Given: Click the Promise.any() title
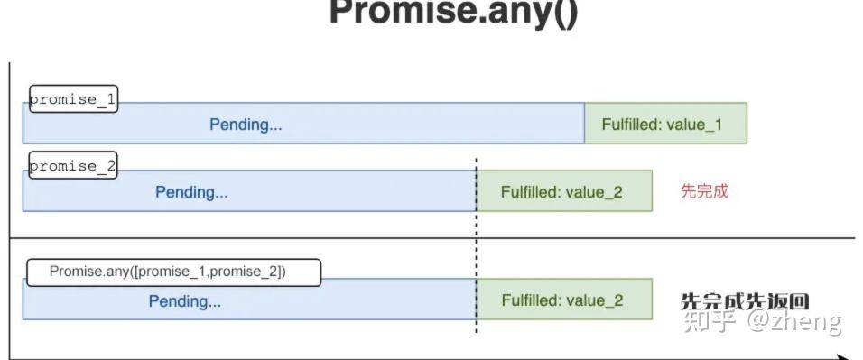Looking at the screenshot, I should click(453, 13).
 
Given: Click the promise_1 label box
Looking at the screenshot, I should click(73, 99).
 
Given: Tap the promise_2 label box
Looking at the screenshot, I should click(73, 166).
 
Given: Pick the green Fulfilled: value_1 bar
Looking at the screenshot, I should click(665, 124).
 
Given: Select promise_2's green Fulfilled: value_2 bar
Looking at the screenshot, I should click(563, 191).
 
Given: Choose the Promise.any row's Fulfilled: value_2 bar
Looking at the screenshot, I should click(563, 300).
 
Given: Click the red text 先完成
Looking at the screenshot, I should click(704, 191).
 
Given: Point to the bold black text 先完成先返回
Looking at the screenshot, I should click(744, 301).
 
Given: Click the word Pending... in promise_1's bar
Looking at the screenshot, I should click(246, 125).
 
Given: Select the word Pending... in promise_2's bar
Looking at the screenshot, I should click(191, 191).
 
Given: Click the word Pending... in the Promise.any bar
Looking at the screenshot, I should click(184, 301).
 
